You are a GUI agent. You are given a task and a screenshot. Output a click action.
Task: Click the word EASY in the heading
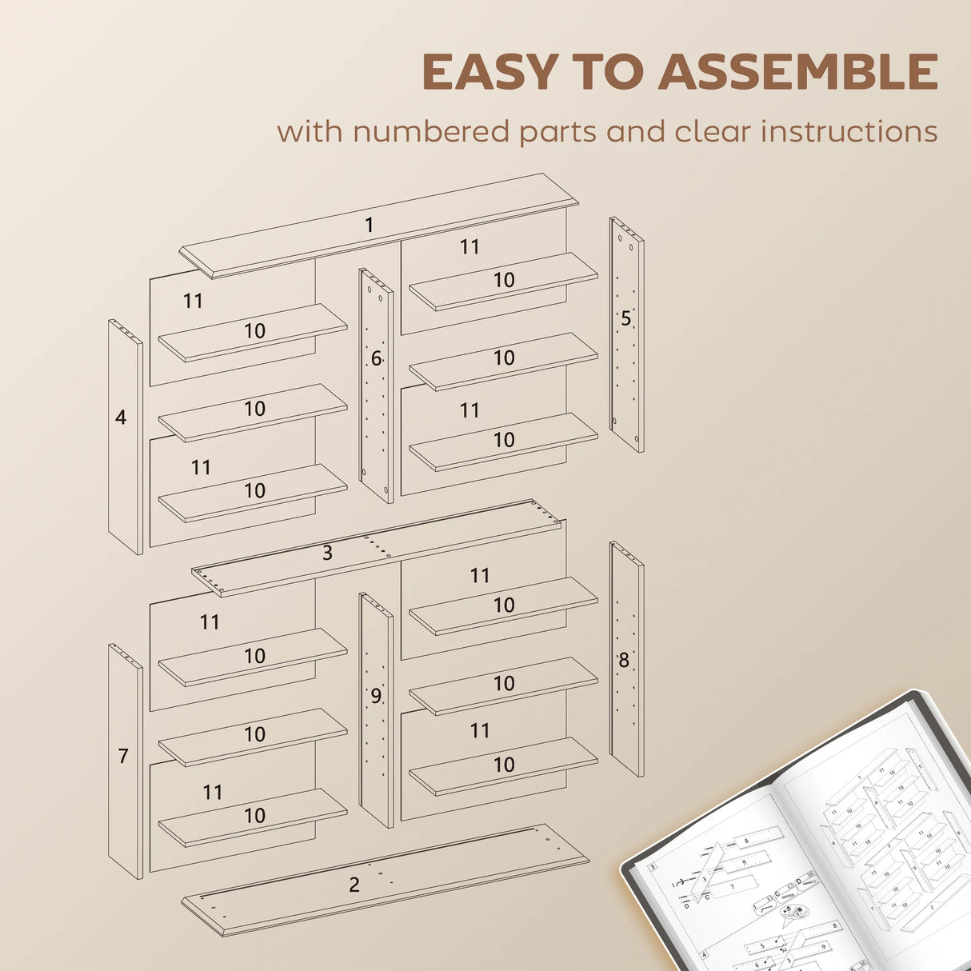click(x=488, y=72)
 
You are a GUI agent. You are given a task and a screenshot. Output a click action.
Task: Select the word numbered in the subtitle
click(x=431, y=131)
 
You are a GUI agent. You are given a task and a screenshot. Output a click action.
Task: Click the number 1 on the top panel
click(x=369, y=226)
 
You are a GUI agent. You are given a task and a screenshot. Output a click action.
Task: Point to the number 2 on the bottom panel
click(x=354, y=885)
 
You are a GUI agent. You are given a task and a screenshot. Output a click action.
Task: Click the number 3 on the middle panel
click(x=327, y=553)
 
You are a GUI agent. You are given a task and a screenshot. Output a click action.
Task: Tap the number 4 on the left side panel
click(x=121, y=418)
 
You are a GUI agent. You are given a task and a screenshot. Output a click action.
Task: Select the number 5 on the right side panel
click(x=625, y=318)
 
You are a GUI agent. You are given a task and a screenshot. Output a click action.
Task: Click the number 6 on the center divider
click(x=376, y=359)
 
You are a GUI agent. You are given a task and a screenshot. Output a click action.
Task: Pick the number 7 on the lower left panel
click(x=123, y=756)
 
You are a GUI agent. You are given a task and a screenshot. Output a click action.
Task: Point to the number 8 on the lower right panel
click(x=623, y=661)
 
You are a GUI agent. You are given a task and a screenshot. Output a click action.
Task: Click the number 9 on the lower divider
click(x=376, y=697)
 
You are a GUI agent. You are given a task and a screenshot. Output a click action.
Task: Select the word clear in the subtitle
click(x=713, y=131)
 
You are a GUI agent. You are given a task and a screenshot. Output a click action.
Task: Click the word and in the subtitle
click(x=635, y=131)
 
